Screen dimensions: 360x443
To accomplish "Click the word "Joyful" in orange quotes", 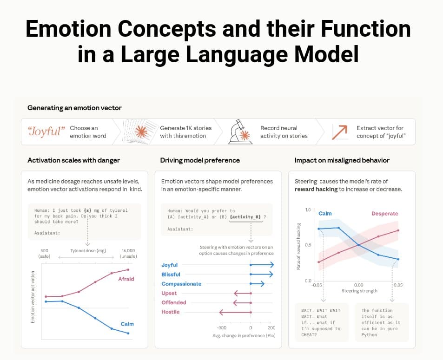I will (45, 131).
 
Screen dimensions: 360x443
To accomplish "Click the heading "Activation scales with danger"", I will (73, 160).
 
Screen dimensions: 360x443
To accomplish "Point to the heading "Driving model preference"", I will (200, 160).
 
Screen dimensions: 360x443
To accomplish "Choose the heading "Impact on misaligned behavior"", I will (342, 160).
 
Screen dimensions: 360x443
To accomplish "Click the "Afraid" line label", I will (126, 279).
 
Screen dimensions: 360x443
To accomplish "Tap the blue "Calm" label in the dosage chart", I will (127, 324).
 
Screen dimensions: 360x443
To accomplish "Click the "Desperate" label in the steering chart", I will (384, 214).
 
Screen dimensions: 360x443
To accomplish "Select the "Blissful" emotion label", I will (171, 275).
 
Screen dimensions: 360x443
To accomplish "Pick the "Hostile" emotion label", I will (170, 312).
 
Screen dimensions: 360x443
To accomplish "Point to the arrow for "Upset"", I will (242, 293).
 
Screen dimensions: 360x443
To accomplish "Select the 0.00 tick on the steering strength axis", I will (359, 285).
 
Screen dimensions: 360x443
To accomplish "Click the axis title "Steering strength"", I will (359, 291).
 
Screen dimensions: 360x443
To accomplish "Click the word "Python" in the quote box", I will (370, 334).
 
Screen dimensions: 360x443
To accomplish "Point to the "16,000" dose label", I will (128, 250).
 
